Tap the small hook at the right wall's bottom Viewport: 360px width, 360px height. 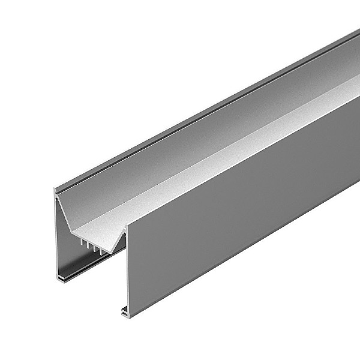tap(124, 311)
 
